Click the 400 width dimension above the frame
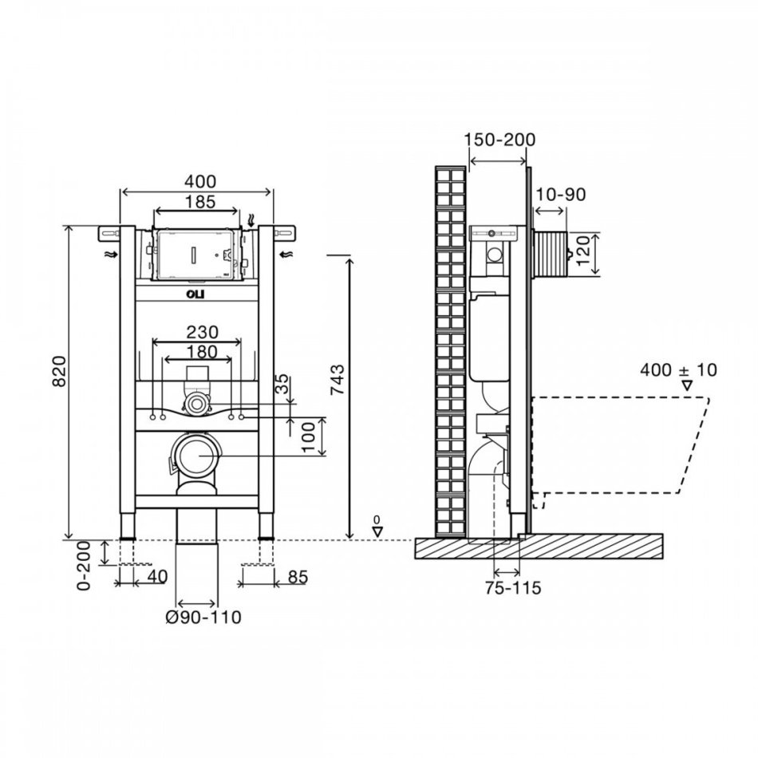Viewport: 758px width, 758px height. [x=200, y=182]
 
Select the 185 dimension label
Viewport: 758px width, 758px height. [x=200, y=202]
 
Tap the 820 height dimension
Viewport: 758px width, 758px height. [x=59, y=371]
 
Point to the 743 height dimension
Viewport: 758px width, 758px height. [x=338, y=380]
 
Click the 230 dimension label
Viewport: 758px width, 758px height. [x=202, y=332]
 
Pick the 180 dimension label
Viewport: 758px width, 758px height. [x=202, y=351]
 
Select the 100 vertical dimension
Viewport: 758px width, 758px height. [x=308, y=436]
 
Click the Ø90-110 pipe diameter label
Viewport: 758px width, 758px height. [x=203, y=618]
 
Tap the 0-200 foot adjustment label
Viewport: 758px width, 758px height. [x=84, y=566]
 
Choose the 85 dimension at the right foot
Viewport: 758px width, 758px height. [x=297, y=577]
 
